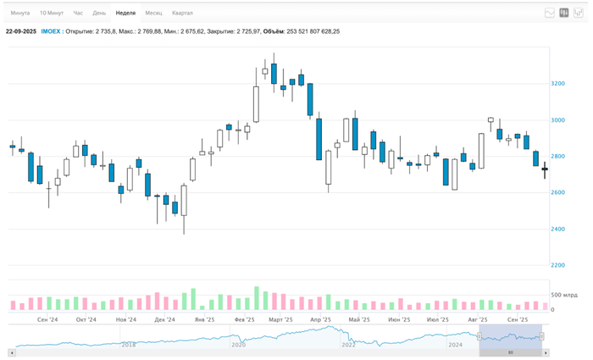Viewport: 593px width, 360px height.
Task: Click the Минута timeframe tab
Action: [20, 14]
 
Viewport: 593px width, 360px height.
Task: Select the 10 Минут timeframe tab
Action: [51, 14]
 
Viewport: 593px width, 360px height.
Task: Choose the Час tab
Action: [78, 14]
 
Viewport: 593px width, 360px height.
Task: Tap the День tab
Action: [99, 14]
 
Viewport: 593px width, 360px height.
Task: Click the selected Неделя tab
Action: [125, 14]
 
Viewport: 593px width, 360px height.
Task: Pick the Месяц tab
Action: [153, 14]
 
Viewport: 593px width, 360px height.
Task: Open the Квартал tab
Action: [182, 14]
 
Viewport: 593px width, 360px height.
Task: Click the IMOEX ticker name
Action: [51, 31]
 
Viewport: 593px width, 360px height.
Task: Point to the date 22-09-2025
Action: [20, 31]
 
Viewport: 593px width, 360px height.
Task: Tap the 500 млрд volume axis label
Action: [563, 295]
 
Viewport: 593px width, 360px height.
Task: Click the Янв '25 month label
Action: [203, 320]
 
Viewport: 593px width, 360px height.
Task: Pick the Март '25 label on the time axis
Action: [280, 320]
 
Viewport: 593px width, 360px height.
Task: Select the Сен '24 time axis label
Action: [47, 320]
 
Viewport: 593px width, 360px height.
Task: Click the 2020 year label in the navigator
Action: [238, 345]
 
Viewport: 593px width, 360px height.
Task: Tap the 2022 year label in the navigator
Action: [348, 345]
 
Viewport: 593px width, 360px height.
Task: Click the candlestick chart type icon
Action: [564, 14]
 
